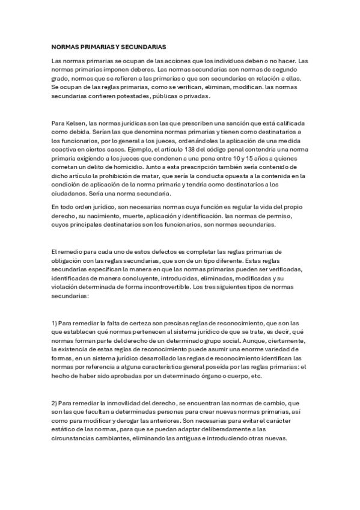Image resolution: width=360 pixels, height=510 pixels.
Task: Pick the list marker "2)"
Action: [55, 402]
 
